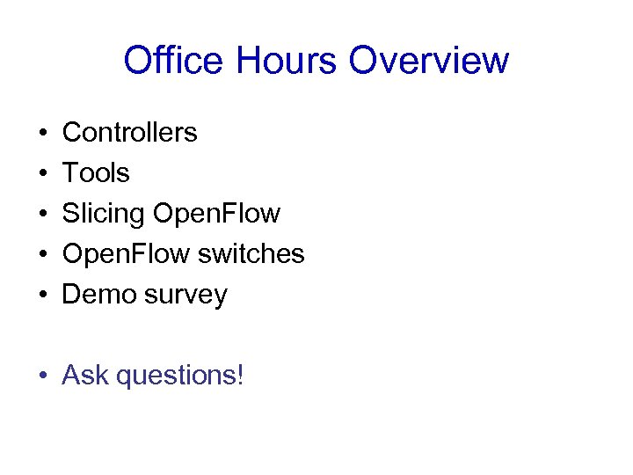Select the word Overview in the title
[429, 61]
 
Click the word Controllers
[130, 133]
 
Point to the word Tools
[96, 173]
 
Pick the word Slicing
[104, 215]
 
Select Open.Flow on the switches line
[126, 254]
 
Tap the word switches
[251, 254]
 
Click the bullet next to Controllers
[43, 134]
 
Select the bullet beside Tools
[43, 174]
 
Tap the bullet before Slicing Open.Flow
[43, 215]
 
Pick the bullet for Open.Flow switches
[43, 255]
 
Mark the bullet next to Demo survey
[43, 296]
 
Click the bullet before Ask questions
[43, 376]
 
